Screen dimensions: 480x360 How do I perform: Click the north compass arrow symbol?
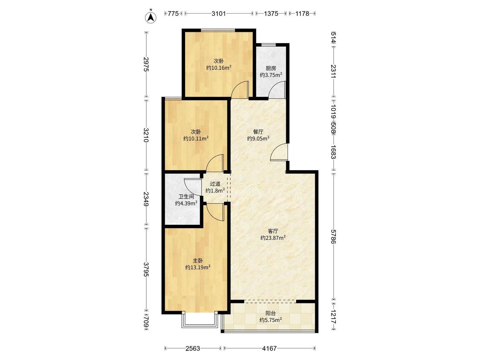pos(151,17)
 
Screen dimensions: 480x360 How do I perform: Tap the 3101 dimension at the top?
pos(219,14)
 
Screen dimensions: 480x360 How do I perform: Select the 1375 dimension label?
pos(271,14)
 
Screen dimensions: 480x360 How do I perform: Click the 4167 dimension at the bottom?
pos(270,348)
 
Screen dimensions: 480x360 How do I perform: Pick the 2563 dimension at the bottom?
pos(193,348)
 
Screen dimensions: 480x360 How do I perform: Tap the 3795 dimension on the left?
pos(146,270)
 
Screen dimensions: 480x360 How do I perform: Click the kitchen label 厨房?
pos(271,68)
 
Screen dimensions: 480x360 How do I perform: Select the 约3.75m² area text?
pos(271,75)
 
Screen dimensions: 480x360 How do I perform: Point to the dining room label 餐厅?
pos(259,132)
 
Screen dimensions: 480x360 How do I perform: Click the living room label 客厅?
pos(273,231)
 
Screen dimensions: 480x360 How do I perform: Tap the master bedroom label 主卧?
pos(198,261)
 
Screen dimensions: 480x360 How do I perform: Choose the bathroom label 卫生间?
pos(186,197)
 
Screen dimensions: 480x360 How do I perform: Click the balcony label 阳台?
pos(271,314)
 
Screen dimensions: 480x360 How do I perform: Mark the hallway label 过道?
pos(215,184)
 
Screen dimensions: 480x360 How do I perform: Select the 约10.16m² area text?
pos(218,67)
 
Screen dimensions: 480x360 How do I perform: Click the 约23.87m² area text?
pos(273,238)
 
